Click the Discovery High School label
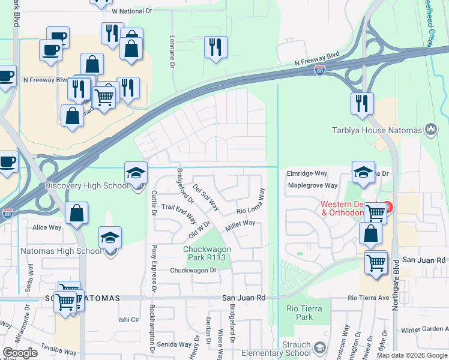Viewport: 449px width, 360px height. [87, 185]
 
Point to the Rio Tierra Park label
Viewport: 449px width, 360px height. [304, 313]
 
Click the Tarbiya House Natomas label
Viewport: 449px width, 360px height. [377, 130]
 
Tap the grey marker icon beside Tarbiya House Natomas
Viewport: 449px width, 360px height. [430, 129]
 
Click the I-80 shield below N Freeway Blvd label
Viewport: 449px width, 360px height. [321, 71]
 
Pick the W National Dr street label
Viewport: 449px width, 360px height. [133, 11]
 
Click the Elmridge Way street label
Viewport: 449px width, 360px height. [307, 173]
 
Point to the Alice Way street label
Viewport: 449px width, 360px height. [47, 227]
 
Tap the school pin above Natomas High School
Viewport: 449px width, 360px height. [110, 238]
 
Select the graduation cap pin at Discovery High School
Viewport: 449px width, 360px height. [136, 173]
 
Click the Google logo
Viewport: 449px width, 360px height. [20, 353]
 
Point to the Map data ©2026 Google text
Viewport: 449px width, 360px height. [411, 355]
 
